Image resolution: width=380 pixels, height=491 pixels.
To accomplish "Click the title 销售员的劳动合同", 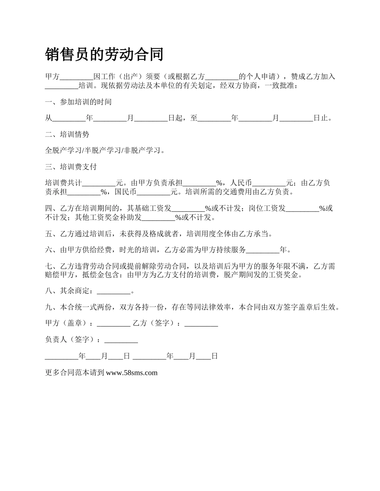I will click(104, 54).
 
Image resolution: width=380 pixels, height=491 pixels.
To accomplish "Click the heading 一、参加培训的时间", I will click(78, 102).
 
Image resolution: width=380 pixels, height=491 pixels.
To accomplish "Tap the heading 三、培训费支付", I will click(71, 167).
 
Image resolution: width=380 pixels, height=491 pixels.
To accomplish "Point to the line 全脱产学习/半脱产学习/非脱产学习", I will click(105, 150).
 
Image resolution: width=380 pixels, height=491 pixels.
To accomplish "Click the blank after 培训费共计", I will click(99, 183).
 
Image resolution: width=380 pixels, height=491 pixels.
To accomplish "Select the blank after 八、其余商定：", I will click(114, 291).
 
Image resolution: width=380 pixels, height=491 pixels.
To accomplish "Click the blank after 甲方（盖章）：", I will click(114, 324).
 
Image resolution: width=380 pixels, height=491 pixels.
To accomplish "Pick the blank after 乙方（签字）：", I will click(201, 324).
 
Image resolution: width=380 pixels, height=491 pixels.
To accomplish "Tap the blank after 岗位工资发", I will click(302, 208).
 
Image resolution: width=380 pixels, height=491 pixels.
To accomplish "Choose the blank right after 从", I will click(69, 119).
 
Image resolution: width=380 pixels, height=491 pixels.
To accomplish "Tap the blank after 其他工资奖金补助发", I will click(159, 218).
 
